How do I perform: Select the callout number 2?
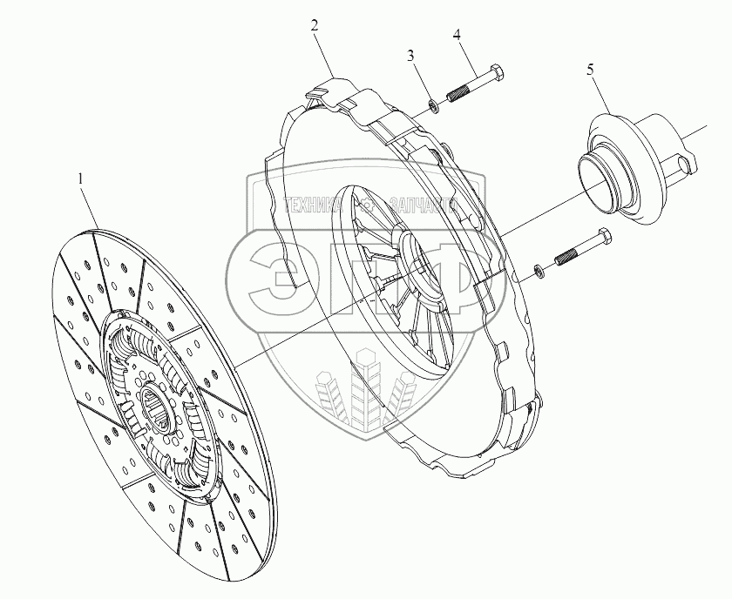pyautogui.click(x=315, y=24)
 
